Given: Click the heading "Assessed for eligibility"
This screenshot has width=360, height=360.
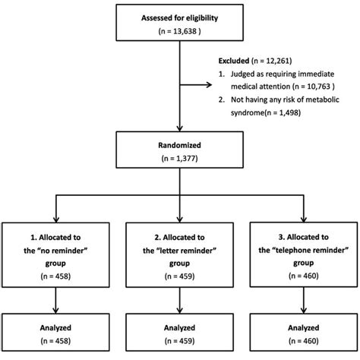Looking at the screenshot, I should pos(180,17).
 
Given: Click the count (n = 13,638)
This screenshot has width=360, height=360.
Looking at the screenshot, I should pos(180,33).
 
